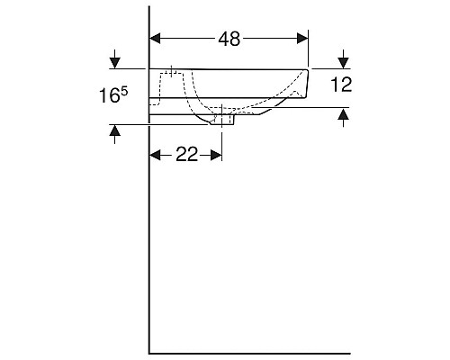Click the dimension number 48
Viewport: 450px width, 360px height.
coord(229,39)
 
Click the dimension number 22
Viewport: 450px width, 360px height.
coord(186,155)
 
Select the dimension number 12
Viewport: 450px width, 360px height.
coord(341,85)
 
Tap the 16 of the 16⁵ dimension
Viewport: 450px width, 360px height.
coord(109,95)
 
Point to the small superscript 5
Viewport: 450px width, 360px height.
coord(124,91)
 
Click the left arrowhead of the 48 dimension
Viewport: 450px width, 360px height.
coord(155,39)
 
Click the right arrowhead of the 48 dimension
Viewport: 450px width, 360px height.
coord(302,39)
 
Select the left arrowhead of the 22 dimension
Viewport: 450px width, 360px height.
coord(155,155)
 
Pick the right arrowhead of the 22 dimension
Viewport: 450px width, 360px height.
coord(216,155)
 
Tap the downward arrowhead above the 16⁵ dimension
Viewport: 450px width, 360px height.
coord(115,63)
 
